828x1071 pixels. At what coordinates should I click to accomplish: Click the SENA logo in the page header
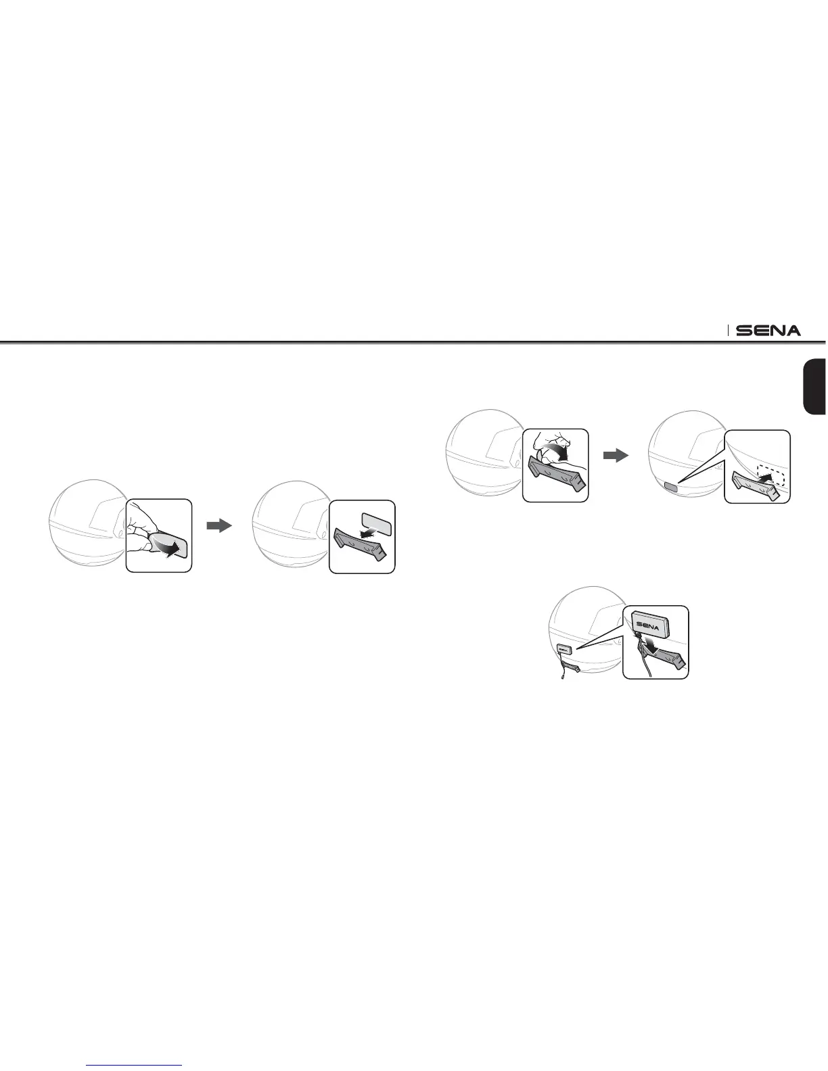[768, 331]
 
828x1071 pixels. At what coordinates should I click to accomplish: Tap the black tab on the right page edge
[814, 386]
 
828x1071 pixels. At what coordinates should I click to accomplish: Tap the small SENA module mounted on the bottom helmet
[564, 648]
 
